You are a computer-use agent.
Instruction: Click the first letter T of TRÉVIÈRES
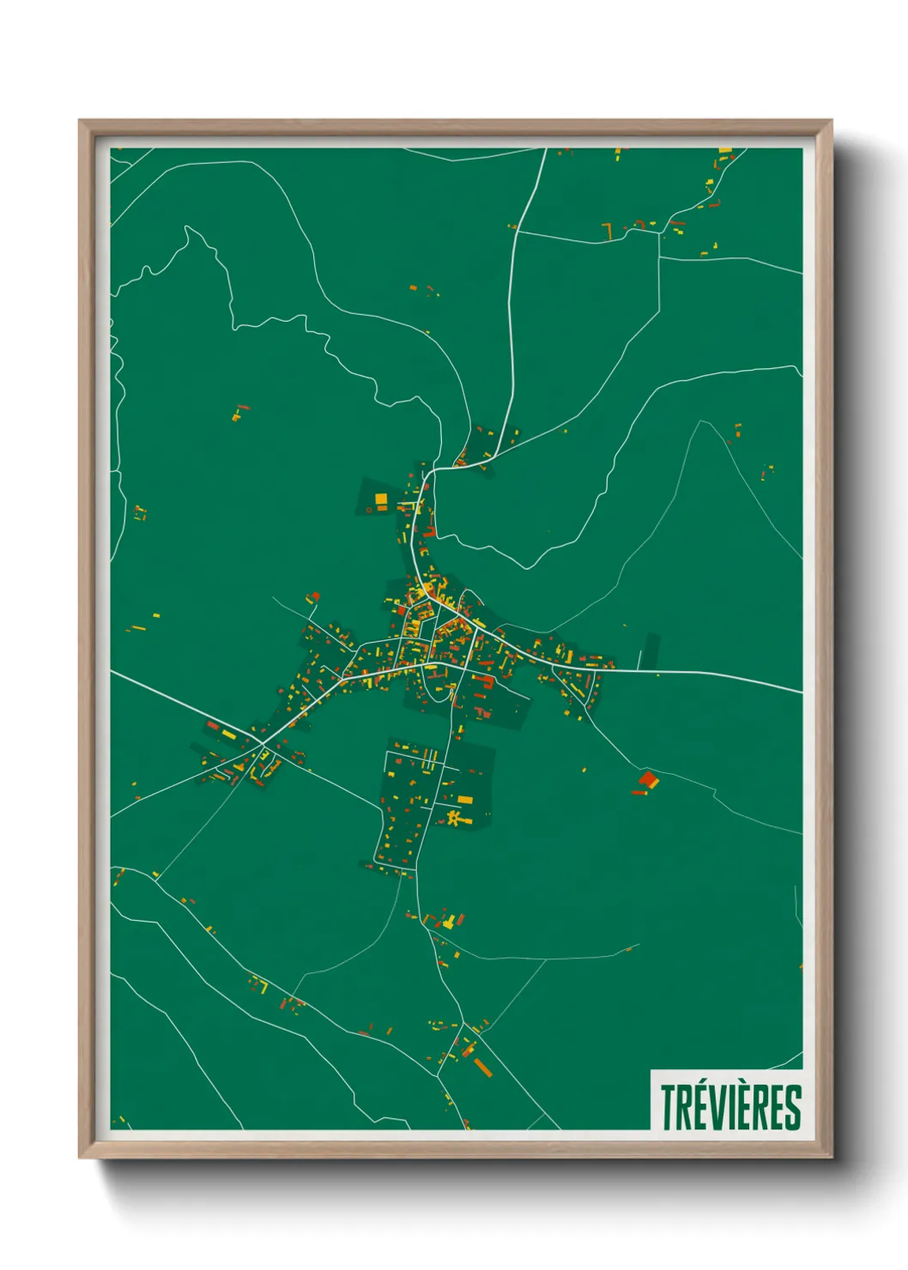669,1108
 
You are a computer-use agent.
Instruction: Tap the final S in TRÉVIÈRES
793,1108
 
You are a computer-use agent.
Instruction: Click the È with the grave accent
740,1107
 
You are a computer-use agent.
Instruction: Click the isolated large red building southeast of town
648,780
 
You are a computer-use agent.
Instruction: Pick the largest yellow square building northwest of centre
381,499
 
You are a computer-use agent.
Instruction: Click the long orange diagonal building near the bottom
483,1067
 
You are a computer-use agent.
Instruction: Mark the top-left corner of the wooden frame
80,121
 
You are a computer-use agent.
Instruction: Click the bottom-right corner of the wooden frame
831,1157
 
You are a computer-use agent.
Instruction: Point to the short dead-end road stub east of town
641,658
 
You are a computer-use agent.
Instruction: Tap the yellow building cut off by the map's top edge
724,151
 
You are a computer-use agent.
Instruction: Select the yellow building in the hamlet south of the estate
448,922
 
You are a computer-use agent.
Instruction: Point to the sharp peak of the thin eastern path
702,421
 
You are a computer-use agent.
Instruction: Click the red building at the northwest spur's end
315,596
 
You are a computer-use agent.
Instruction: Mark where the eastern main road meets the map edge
802,692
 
